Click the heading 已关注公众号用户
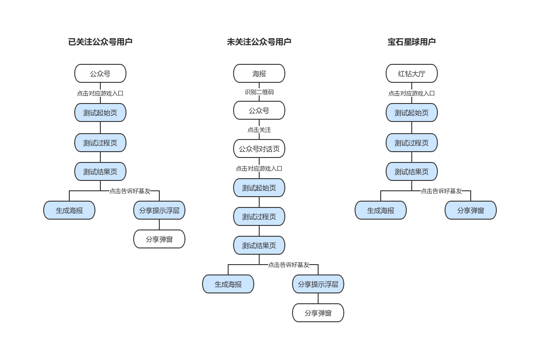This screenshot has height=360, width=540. [100, 42]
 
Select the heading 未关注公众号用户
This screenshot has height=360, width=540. [259, 42]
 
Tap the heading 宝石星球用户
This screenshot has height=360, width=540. [411, 42]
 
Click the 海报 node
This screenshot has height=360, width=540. [259, 73]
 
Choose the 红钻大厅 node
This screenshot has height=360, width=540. [412, 73]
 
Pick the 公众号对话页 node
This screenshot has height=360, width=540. [259, 148]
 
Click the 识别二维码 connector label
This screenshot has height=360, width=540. [259, 92]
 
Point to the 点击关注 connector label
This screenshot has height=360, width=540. [259, 130]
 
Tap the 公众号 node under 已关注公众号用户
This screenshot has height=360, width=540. [100, 73]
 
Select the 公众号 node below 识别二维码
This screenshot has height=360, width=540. [259, 110]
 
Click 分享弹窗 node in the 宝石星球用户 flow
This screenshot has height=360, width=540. [471, 210]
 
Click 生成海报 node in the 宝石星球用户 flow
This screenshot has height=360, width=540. [381, 210]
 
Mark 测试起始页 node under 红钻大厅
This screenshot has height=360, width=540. [412, 112]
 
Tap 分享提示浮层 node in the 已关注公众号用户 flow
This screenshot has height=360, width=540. [159, 210]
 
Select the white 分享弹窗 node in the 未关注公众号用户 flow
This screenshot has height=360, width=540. [318, 313]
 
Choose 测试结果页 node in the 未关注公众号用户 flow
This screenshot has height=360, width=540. [259, 245]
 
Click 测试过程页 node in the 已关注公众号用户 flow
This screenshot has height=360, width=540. [100, 143]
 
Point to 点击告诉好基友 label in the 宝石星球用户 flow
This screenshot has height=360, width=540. [441, 191]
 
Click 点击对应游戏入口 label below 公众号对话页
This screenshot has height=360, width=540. [259, 168]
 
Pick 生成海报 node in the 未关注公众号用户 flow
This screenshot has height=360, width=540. [228, 284]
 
